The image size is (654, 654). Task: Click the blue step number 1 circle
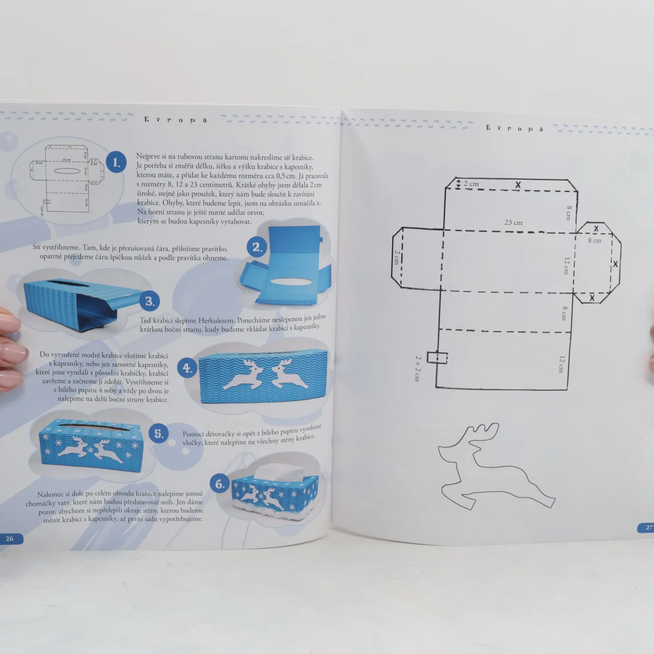116,162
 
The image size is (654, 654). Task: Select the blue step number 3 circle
150,301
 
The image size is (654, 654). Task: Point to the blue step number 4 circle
187,368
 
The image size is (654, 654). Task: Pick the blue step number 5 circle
159,434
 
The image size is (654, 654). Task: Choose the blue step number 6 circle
220,484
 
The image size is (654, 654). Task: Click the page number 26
10,539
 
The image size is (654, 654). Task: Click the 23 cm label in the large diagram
513,223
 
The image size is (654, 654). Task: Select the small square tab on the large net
437,358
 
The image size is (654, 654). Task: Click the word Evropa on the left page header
175,120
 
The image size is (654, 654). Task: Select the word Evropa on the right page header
514,128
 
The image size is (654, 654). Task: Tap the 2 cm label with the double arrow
467,184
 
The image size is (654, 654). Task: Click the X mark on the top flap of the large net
518,185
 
